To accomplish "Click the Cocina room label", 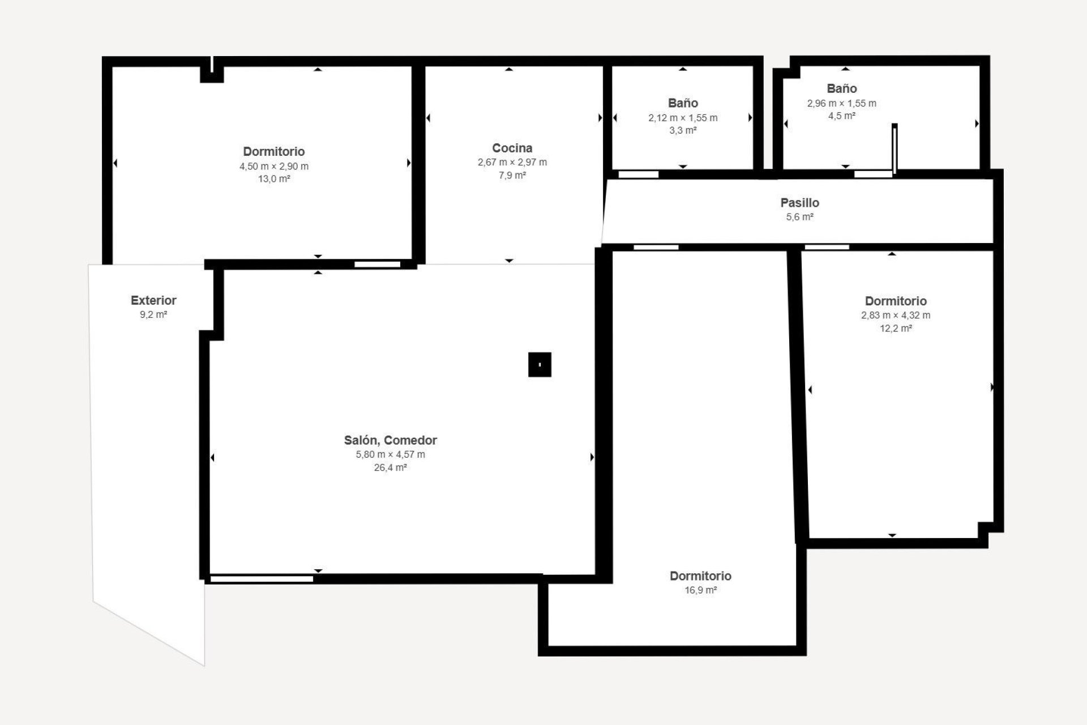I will pos(512,148).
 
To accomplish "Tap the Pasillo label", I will pos(799,202).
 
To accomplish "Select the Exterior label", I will pos(153,300).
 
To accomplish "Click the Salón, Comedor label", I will pos(390,440).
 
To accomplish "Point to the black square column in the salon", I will pos(540,365).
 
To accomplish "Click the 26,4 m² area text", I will pos(390,468).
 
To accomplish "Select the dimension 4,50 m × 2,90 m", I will pos(274,166).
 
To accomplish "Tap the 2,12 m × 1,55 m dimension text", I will pos(683,118).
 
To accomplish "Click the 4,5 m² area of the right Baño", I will pos(841,116).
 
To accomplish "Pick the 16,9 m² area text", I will pos(700,590).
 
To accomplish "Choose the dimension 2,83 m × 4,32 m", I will pos(896,315).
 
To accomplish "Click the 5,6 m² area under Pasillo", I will pos(799,217).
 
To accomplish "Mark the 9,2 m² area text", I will pos(153,314).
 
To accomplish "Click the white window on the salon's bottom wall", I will pos(262,579).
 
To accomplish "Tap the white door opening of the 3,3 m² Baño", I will pos(638,174).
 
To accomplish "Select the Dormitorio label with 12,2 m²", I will pos(896,301).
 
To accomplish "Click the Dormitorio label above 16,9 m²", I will pos(700,575).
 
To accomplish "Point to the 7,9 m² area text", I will pos(512,176).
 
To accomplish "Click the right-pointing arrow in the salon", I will pos(592,457).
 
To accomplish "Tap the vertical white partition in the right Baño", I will pos(895,148).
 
